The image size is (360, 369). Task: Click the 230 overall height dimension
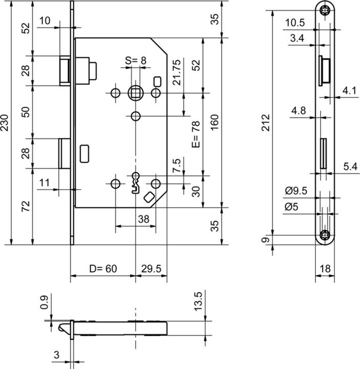point(5,122)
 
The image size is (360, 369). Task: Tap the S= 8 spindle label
point(136,60)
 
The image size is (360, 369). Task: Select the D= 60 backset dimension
point(103,269)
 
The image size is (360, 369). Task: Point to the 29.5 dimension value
point(151,269)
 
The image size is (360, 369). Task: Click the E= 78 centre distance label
point(196,134)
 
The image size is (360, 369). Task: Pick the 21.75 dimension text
point(177,72)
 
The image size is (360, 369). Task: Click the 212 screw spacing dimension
point(266,122)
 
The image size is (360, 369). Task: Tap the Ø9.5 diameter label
point(296,191)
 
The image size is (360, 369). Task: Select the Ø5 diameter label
point(291,207)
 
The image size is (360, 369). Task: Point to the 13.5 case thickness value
point(198,301)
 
